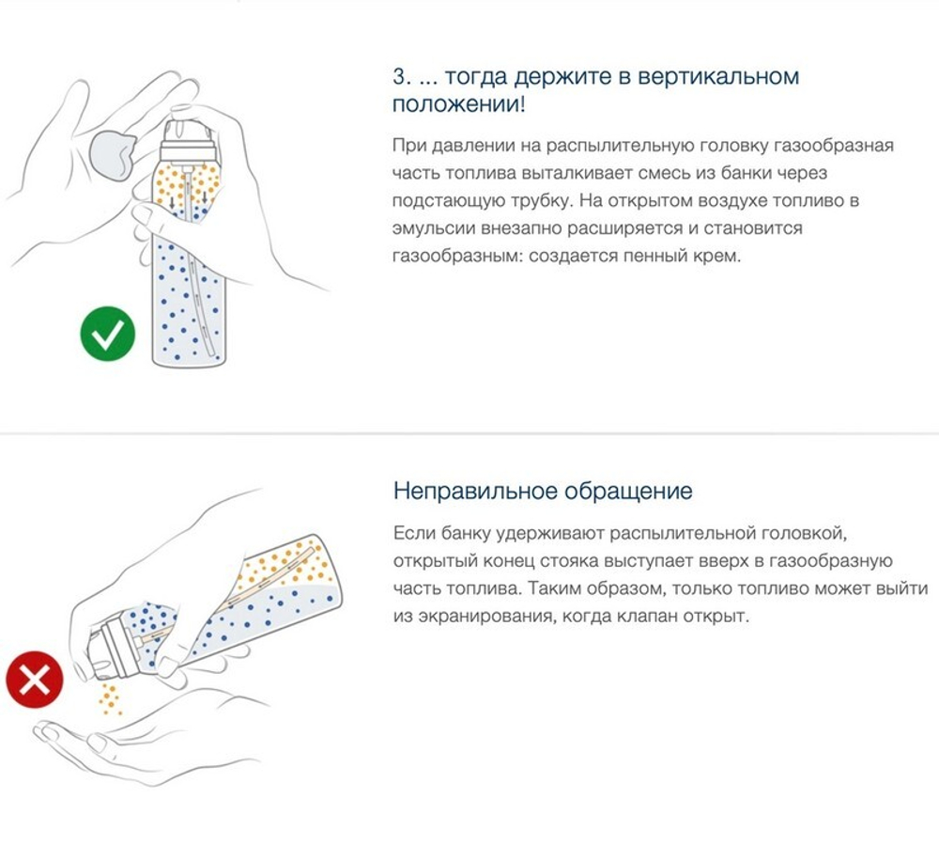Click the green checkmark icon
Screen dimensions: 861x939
[x=107, y=335]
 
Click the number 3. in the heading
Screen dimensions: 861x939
[x=401, y=76]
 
